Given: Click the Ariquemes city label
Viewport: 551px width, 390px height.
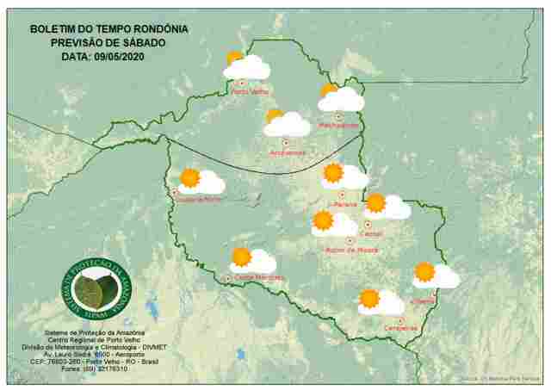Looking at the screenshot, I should (288, 153).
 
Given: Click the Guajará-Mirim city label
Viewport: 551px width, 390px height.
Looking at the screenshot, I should (201, 200).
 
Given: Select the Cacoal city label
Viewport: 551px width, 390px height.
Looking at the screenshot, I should (372, 233).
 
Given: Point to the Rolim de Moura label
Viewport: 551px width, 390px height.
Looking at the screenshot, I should (350, 251).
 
